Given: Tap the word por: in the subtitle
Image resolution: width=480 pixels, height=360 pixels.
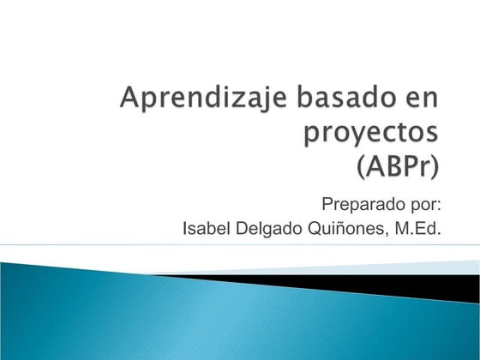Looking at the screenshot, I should tap(426, 206).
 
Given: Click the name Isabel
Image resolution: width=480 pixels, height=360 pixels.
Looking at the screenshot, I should tap(206, 228).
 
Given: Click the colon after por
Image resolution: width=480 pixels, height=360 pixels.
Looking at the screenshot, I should tap(439, 206).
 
